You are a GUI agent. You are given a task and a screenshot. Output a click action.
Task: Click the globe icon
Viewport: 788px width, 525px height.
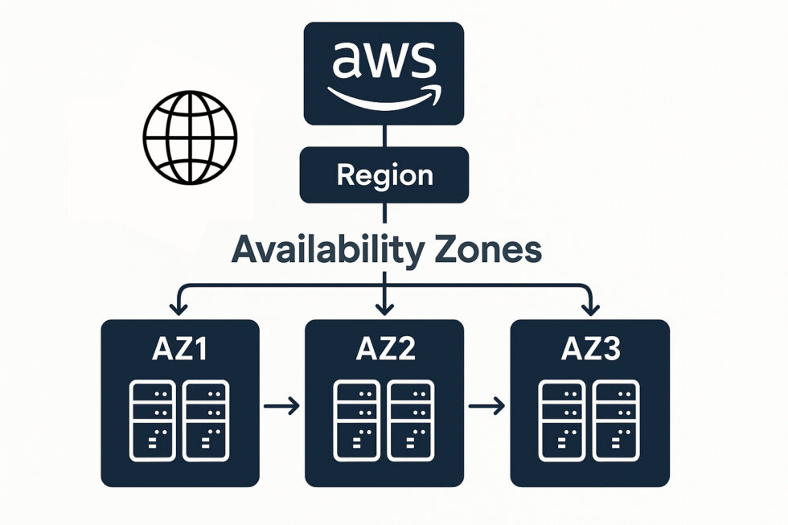click(191, 136)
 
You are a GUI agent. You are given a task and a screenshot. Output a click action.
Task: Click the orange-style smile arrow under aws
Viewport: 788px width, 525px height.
click(384, 97)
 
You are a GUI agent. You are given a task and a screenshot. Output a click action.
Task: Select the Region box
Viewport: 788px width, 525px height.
click(384, 174)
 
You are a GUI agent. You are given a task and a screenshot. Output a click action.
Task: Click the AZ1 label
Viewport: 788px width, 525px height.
click(180, 351)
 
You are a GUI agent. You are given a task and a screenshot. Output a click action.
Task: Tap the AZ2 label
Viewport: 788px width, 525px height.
click(384, 351)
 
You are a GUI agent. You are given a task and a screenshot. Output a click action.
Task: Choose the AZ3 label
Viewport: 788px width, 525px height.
click(589, 351)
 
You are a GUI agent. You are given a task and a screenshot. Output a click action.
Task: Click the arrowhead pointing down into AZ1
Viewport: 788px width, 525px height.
click(178, 307)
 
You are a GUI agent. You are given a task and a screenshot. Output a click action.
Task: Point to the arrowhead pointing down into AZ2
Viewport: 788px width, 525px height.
click(384, 307)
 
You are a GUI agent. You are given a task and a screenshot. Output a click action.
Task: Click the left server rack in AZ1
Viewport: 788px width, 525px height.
click(153, 420)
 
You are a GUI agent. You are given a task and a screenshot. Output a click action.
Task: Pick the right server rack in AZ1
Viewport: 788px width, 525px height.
click(206, 420)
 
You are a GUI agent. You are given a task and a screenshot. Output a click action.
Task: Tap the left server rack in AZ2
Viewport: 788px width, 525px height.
click(357, 420)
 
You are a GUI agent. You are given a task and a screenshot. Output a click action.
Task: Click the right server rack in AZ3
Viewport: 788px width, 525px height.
click(616, 420)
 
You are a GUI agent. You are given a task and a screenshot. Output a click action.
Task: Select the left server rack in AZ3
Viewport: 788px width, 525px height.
click(563, 420)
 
